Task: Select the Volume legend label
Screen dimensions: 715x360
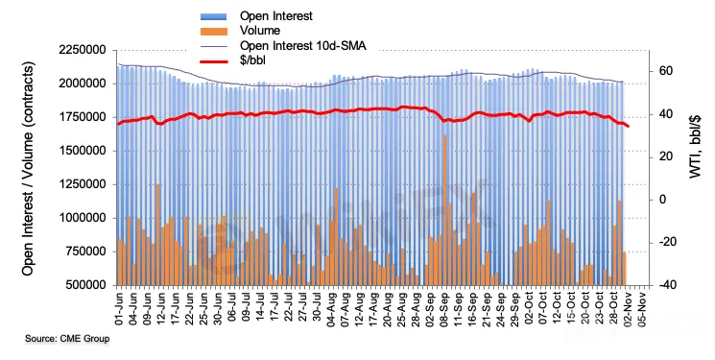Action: click(260, 31)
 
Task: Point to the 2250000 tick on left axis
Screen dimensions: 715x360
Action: click(83, 50)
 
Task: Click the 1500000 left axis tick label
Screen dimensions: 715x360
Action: click(83, 151)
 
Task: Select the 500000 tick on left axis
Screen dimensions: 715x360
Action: click(85, 285)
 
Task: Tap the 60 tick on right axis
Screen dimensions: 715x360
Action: click(666, 71)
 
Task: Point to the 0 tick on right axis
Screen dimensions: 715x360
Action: click(662, 200)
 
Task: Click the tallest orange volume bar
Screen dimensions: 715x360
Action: click(444, 210)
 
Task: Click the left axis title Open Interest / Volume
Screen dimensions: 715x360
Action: click(28, 168)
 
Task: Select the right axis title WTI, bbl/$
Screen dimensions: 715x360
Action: click(695, 147)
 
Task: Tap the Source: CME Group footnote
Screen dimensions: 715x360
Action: click(67, 339)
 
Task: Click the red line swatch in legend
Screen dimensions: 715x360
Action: click(214, 61)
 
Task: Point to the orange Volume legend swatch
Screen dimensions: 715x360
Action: click(214, 31)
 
